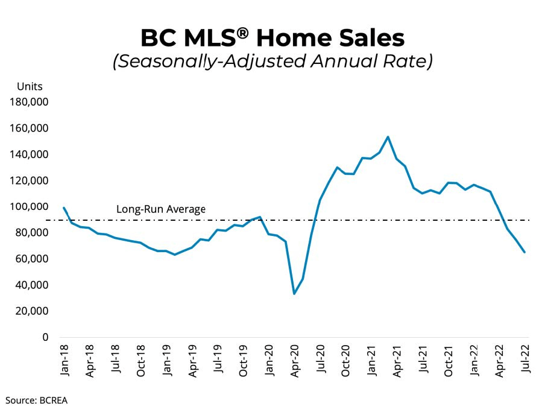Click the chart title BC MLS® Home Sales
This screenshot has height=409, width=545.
tap(272, 37)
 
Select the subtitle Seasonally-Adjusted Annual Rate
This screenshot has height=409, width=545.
tap(272, 62)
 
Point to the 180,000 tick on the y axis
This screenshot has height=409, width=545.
tap(29, 103)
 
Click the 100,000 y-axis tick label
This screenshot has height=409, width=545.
tap(29, 207)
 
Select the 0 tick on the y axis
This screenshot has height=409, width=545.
tap(45, 337)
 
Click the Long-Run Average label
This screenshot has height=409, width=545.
tap(160, 210)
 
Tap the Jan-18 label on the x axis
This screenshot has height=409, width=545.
tap(64, 361)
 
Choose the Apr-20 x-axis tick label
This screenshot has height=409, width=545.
tap(295, 361)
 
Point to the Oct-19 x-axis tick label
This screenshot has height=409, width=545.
tap(244, 361)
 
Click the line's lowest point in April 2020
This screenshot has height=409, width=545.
tap(294, 294)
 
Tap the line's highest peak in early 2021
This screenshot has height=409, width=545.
tap(388, 137)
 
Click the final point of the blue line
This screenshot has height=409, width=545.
tap(525, 252)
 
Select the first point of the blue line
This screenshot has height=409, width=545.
tap(64, 208)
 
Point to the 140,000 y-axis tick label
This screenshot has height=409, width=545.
tap(29, 154)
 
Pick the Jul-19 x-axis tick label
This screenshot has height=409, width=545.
tap(218, 361)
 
